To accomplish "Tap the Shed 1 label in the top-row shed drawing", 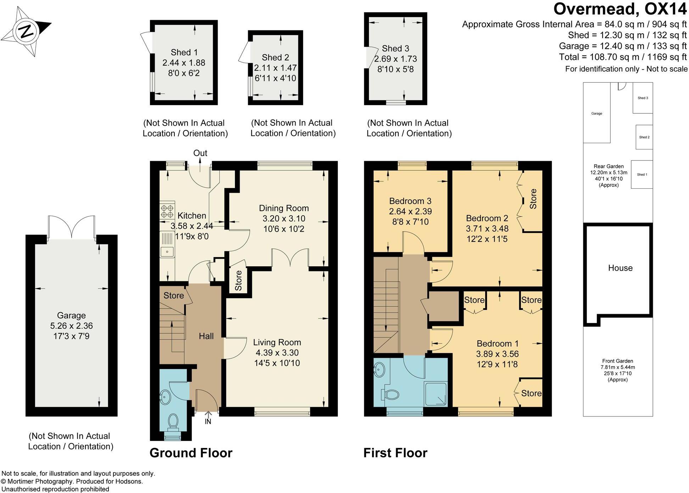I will click(x=184, y=52).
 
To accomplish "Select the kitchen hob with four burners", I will click(x=167, y=211).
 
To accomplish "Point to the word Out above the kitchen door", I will click(x=200, y=153).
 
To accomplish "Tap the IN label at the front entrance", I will click(x=208, y=422).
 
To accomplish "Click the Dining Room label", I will click(x=284, y=208).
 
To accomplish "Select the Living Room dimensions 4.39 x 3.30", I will click(x=277, y=353).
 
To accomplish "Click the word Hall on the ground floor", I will click(x=206, y=336).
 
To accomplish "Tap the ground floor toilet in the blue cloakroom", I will click(x=173, y=421).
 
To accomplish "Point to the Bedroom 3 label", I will click(x=410, y=201).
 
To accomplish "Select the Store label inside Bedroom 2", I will click(x=533, y=199).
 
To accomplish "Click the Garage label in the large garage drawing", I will click(x=71, y=315).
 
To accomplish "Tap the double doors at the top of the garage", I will click(x=72, y=227).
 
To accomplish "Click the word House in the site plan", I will click(x=620, y=268).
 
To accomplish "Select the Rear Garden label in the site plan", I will click(x=609, y=166).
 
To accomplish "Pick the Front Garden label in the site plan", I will click(x=617, y=361).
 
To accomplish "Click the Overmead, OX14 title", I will click(x=620, y=9).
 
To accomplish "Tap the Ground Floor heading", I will click(x=191, y=453).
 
